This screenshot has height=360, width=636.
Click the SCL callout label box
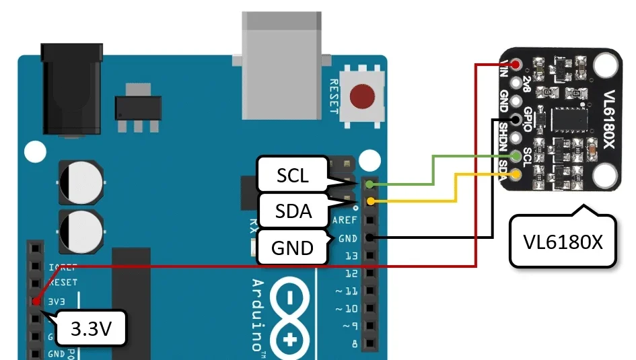293,176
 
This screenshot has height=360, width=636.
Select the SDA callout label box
293,211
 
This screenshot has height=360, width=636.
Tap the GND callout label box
293,247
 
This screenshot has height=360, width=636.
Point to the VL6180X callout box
563,242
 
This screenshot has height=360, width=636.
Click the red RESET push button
363,96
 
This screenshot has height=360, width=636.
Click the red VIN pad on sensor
516,65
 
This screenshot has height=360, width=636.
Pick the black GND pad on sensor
516,120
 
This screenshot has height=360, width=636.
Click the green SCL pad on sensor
516,156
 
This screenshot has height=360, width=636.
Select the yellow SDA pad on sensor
516,174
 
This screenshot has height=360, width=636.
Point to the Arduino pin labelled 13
350,256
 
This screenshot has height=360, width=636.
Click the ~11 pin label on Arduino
347,291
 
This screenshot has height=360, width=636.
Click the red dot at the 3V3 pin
35,300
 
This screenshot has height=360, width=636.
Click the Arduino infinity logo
290,316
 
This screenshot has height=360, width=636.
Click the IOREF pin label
63,266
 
